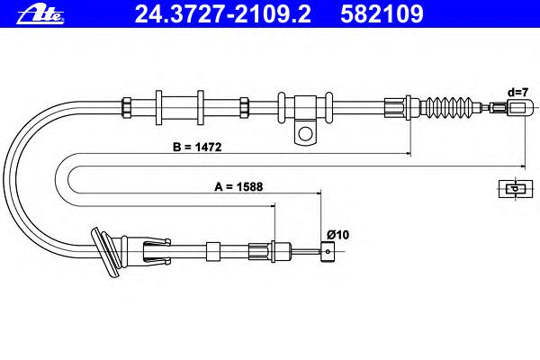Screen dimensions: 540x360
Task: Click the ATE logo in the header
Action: [40, 15]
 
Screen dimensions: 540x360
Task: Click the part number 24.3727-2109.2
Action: [223, 14]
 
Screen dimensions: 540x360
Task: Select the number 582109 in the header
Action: [382, 14]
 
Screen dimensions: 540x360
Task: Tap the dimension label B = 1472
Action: [197, 147]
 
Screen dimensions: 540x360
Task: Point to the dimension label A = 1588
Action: [238, 186]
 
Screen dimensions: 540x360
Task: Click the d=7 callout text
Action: [517, 93]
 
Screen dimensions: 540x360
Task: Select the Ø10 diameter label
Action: [337, 235]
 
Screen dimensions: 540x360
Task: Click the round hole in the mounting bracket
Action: [305, 133]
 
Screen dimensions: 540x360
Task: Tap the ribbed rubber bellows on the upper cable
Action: [446, 107]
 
